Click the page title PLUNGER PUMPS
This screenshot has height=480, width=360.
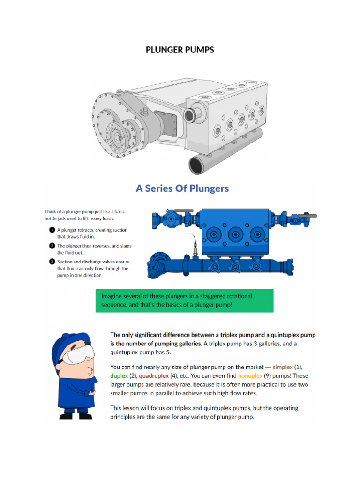(x=180, y=50)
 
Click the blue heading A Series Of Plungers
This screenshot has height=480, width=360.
(x=182, y=188)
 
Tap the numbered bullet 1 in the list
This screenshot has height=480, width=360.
(x=52, y=230)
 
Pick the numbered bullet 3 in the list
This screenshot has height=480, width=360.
(x=52, y=262)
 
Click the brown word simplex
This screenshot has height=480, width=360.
(x=283, y=367)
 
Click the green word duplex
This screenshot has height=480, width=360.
(x=119, y=376)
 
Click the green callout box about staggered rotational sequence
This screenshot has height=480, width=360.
(x=184, y=300)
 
